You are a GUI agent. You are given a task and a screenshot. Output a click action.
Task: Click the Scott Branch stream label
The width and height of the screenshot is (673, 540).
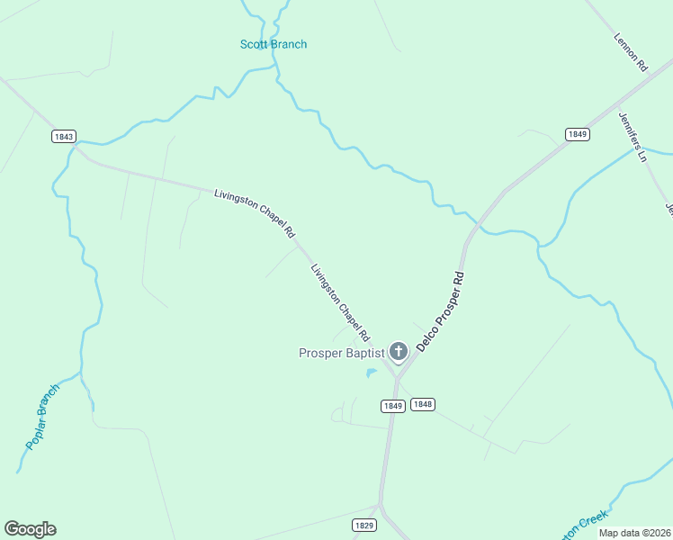click(x=273, y=44)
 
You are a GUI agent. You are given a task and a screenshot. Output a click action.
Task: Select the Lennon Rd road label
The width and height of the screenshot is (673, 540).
click(x=631, y=52)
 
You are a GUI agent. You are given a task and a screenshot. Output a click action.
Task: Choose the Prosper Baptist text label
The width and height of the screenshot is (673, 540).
click(x=341, y=353)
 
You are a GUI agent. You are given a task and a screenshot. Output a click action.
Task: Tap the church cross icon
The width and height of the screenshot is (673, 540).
click(x=399, y=351)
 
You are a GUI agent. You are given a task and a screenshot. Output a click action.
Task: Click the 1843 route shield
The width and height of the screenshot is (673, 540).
click(x=64, y=137)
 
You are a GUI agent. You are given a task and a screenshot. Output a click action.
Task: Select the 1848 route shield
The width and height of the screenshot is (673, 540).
click(x=423, y=405)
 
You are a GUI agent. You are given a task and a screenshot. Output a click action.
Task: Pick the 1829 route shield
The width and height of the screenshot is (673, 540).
click(x=363, y=525)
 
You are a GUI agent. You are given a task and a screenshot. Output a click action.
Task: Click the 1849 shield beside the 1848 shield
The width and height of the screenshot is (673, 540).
click(x=391, y=406)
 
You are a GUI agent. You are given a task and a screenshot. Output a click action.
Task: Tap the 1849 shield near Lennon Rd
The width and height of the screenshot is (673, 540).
click(x=578, y=134)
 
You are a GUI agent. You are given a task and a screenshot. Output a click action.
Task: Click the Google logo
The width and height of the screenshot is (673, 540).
click(x=30, y=529)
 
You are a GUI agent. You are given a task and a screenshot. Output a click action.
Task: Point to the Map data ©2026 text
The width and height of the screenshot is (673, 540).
click(x=634, y=533)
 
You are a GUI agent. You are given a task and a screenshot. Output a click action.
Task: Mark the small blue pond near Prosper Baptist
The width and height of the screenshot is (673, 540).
click(x=371, y=373)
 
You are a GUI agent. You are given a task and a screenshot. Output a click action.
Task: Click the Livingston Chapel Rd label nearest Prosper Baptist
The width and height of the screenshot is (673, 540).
click(x=340, y=301)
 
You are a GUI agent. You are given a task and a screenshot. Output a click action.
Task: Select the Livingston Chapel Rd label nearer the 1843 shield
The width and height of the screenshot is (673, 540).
click(x=255, y=212)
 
